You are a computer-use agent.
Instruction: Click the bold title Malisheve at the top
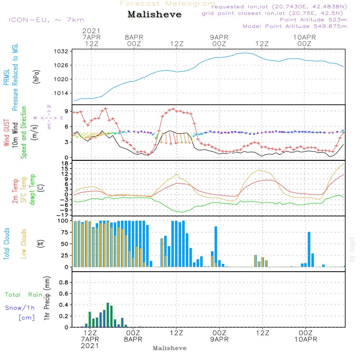pyautogui.click(x=154, y=14)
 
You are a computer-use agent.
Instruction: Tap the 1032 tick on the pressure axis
pyautogui.click(x=61, y=51)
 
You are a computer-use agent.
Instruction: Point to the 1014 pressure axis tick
pyautogui.click(x=61, y=93)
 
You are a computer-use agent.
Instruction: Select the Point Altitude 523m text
pyautogui.click(x=314, y=20)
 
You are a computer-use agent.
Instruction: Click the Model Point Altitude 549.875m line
pyautogui.click(x=295, y=26)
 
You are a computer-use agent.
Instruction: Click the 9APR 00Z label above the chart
pyautogui.click(x=219, y=40)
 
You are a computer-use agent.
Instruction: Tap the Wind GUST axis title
pyautogui.click(x=6, y=132)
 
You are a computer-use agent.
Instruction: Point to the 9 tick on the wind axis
pyautogui.click(x=66, y=111)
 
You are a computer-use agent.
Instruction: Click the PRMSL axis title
pyautogui.click(x=6, y=77)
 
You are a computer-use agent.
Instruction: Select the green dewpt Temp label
pyautogui.click(x=32, y=189)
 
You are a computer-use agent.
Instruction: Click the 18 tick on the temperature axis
pyautogui.click(x=65, y=163)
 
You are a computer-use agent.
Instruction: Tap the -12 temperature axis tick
pyautogui.click(x=62, y=215)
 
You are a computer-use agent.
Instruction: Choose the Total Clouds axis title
pyautogui.click(x=6, y=244)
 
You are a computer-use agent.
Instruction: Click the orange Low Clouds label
pyautogui.click(x=23, y=244)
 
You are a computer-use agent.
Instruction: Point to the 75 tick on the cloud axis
pyautogui.click(x=64, y=232)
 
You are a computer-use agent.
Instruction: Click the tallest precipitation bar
pyautogui.click(x=108, y=315)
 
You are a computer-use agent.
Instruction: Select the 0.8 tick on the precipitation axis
pyautogui.click(x=64, y=282)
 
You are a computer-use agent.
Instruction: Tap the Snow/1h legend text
pyautogui.click(x=20, y=308)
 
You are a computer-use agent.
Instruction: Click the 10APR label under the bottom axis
pyautogui.click(x=306, y=339)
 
